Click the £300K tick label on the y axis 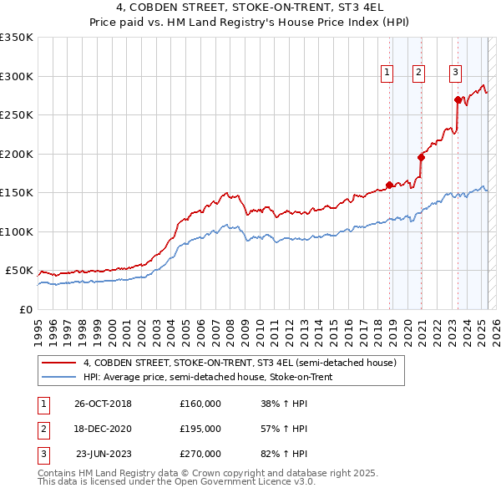click(x=17, y=76)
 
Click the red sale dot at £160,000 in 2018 click(x=389, y=186)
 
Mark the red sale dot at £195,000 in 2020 click(x=421, y=157)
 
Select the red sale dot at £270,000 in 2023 click(x=458, y=99)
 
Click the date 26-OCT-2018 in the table click(x=103, y=404)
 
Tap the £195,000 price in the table click(x=200, y=429)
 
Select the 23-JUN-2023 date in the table click(x=104, y=454)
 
